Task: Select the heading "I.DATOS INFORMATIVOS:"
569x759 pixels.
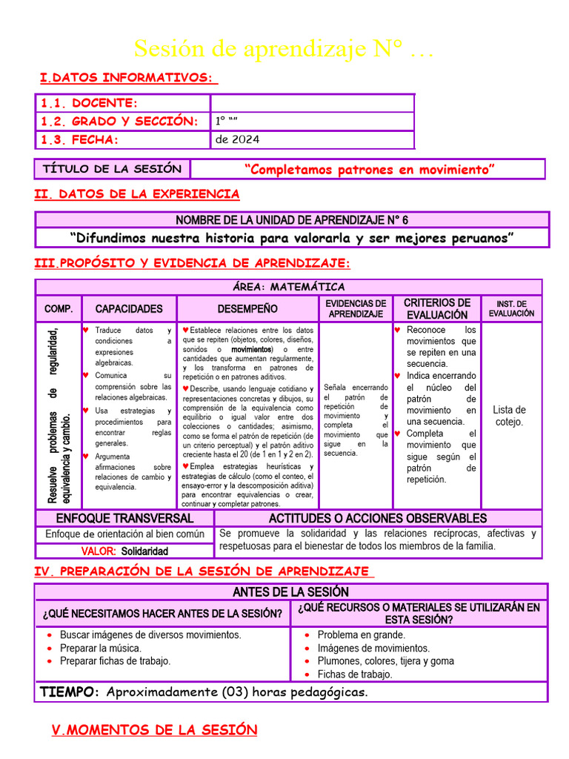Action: pos(128,78)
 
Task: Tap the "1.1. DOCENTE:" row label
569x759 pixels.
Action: pos(89,103)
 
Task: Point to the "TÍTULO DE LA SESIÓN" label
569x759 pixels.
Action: pos(112,169)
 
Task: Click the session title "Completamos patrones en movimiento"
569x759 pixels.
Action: pos(369,170)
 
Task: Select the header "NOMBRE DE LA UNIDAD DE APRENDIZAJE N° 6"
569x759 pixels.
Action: pos(292,220)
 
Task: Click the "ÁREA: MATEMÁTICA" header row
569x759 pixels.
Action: pos(288,287)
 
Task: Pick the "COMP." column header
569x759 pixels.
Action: pos(58,308)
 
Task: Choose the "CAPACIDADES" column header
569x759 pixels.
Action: pos(129,308)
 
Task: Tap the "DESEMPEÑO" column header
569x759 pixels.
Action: pos(247,308)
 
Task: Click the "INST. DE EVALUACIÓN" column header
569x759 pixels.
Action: pos(511,308)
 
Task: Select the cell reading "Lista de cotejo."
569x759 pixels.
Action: pos(510,416)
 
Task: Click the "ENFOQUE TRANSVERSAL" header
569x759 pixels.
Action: pos(124,518)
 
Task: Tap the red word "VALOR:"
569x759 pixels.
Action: pos(99,551)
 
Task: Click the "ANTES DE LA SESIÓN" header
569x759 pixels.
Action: pos(290,591)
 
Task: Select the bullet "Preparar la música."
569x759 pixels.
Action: pos(100,648)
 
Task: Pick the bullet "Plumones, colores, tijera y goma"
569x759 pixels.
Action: pos(385,661)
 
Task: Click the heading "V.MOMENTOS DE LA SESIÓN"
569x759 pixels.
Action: pos(154,730)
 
